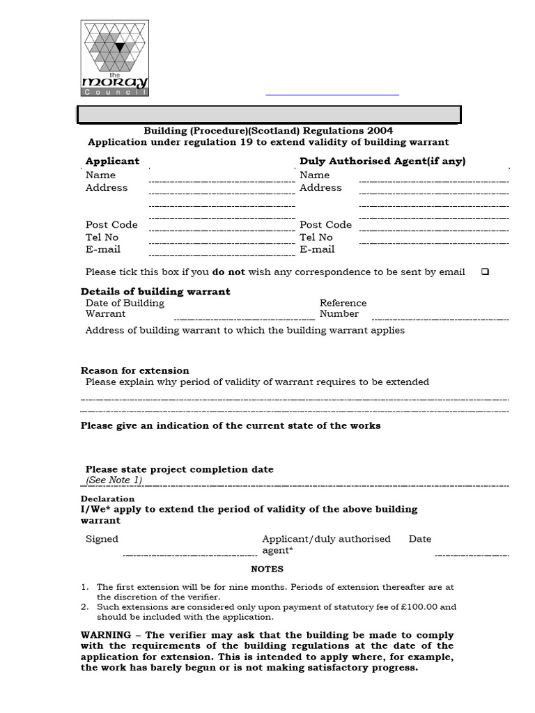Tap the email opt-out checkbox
click(485, 272)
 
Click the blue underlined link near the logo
click(332, 94)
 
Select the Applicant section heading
click(112, 161)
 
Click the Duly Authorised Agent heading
click(382, 161)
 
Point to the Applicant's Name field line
click(222, 181)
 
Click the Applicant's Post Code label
click(111, 224)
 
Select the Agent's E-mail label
click(317, 249)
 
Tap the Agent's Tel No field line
click(433, 243)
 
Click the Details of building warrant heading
click(155, 291)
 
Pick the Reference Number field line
click(440, 319)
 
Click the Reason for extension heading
click(134, 370)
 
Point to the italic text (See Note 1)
click(114, 480)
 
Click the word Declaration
click(107, 499)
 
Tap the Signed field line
click(190, 554)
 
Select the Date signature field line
click(472, 554)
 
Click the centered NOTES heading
click(267, 569)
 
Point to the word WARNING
click(106, 635)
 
